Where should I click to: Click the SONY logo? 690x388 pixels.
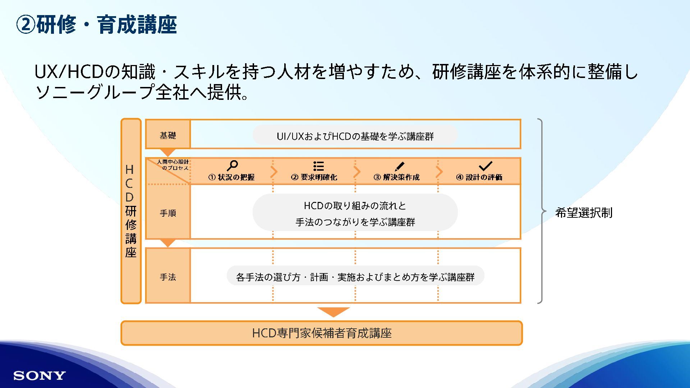40,376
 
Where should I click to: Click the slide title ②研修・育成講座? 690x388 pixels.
97,25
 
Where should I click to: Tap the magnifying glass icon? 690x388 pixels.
232,166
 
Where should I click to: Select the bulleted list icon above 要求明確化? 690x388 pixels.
318,166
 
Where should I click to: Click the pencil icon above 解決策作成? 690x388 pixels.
399,166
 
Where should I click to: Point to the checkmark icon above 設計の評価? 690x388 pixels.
485,166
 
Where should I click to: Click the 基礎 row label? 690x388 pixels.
168,135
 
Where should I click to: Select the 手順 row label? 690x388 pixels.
168,213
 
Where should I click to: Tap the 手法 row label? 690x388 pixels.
168,277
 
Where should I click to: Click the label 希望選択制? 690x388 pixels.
584,213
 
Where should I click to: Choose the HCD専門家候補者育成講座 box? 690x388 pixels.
322,333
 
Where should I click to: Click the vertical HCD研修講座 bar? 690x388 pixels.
131,211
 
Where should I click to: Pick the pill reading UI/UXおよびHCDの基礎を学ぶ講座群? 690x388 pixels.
355,136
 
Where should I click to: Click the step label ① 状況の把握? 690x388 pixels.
231,177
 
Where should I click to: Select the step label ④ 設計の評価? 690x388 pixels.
479,177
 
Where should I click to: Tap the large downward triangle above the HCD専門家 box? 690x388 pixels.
333,311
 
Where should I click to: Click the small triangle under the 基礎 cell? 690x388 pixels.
167,152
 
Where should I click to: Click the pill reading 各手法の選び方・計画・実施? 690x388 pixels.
355,277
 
